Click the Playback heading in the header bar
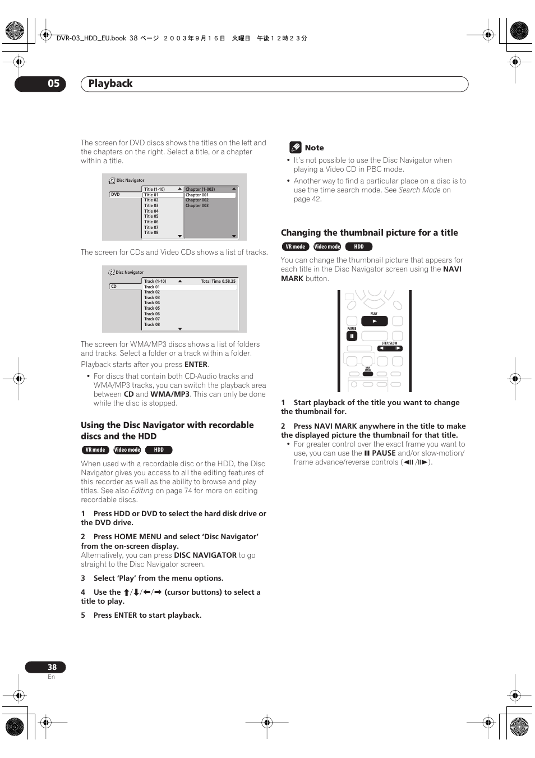pos(110,84)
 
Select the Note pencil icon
pos(295,148)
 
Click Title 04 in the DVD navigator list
pos(151,211)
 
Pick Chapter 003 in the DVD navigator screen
pos(197,205)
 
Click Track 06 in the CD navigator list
pos(152,314)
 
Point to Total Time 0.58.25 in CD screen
pos(218,281)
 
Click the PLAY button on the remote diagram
pos(374,321)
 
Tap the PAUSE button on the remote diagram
pos(352,336)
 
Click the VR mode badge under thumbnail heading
pos(295,247)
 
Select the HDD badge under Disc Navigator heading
pos(159,450)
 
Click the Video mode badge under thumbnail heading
pos(327,247)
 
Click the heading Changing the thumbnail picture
pos(369,233)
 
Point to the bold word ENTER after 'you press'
pos(196,365)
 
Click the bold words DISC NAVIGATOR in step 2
pos(205,555)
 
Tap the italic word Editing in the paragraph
pos(142,491)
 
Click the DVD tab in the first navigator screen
pos(116,195)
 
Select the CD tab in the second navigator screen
pos(114,287)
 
